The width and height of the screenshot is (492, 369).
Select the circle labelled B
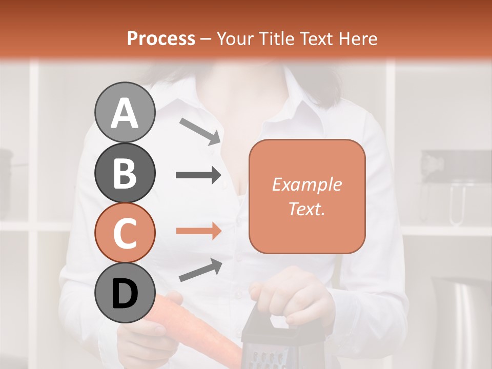tap(125, 173)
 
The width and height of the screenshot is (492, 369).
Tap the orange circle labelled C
tap(125, 233)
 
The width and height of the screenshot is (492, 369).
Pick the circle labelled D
tap(125, 293)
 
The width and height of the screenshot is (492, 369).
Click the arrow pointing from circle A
tap(200, 131)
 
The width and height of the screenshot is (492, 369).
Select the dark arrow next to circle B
tap(198, 175)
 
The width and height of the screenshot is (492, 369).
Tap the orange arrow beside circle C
tap(198, 231)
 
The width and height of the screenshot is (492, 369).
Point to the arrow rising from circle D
tap(200, 270)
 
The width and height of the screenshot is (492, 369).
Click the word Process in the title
tap(161, 38)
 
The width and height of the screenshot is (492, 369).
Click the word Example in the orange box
tap(306, 184)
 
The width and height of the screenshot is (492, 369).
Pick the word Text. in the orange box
tap(306, 209)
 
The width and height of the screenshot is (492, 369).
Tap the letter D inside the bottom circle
tap(125, 294)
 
